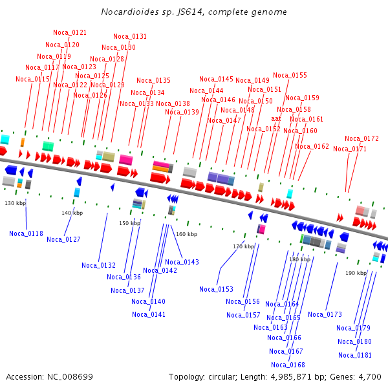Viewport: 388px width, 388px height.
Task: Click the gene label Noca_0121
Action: (70, 32)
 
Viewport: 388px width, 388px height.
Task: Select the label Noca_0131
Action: (130, 36)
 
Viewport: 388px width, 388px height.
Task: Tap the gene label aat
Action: (276, 119)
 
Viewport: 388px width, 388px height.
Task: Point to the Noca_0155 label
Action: (290, 75)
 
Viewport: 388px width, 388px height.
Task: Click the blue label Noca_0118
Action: (26, 233)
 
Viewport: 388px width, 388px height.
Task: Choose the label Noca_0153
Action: (216, 289)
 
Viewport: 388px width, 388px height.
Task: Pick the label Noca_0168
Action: (288, 365)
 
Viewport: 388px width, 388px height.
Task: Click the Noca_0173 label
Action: (325, 314)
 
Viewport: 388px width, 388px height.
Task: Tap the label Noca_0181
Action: (355, 355)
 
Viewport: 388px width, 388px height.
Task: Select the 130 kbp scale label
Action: (16, 203)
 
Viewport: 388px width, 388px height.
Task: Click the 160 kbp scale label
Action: (187, 234)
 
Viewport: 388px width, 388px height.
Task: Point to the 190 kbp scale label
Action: (356, 273)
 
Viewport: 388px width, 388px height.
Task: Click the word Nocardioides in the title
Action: (130, 12)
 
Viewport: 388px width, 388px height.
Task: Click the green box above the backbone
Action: (48, 146)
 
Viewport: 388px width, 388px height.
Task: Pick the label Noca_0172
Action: (361, 138)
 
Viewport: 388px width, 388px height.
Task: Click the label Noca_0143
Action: (182, 262)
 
